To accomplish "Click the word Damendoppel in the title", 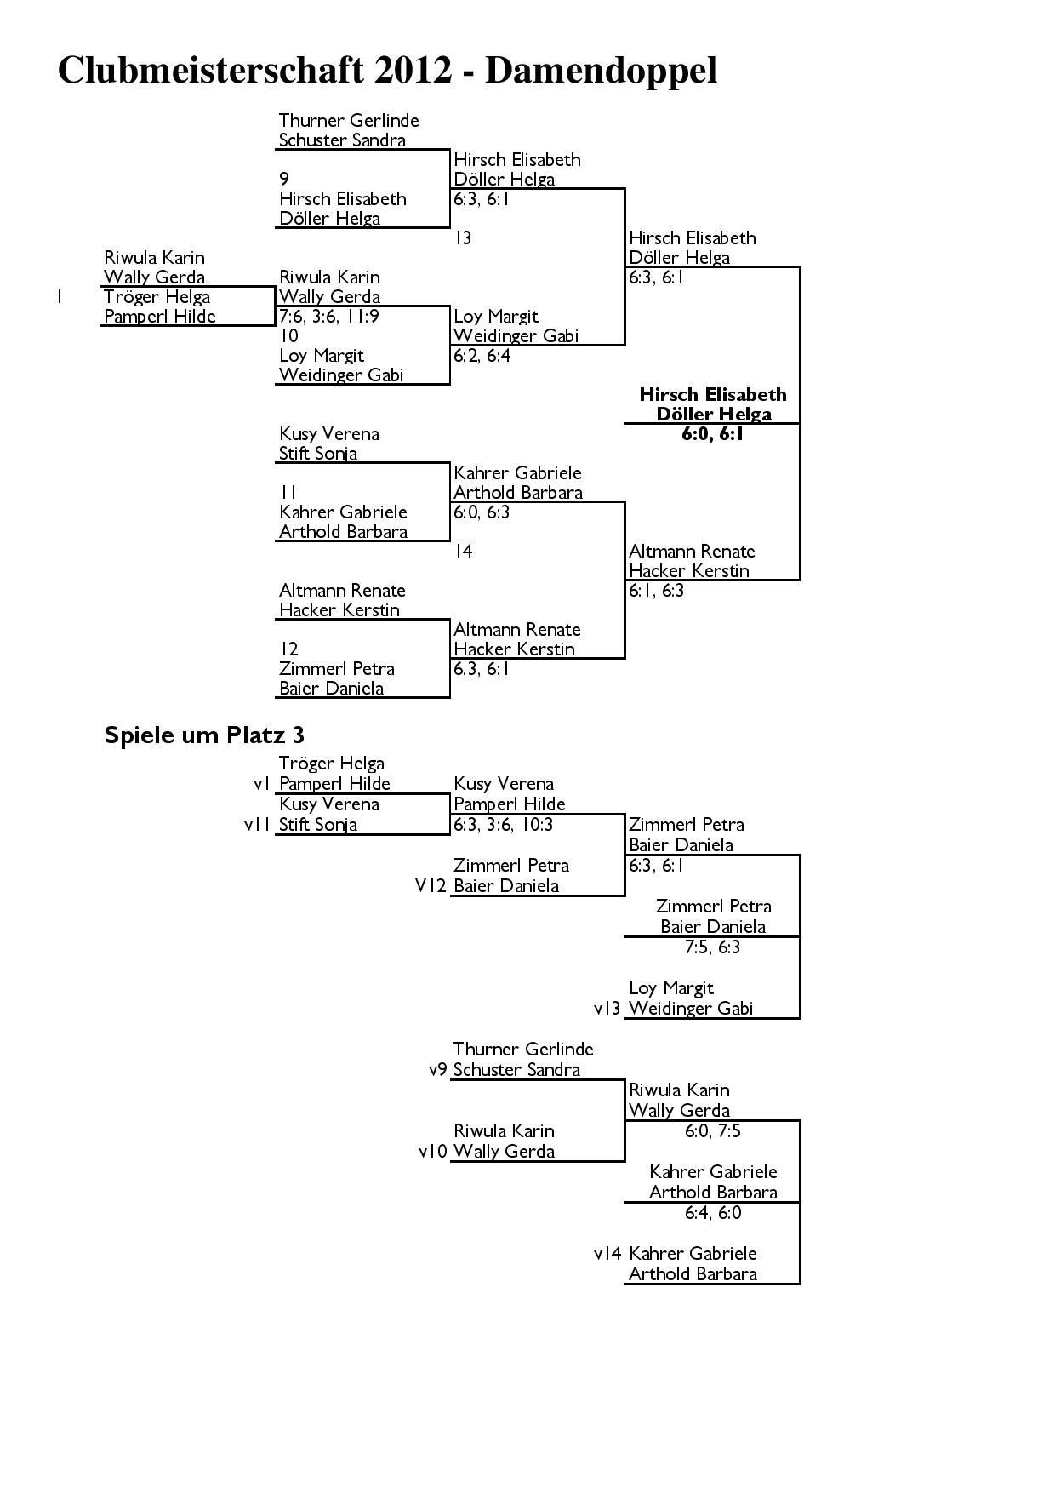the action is (x=601, y=72).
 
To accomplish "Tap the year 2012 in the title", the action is (x=412, y=70).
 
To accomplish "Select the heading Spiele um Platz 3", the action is (x=204, y=735).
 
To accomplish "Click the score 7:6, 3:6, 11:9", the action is (x=329, y=317).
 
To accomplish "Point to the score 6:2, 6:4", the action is (x=482, y=356).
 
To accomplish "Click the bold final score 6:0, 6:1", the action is (x=713, y=434).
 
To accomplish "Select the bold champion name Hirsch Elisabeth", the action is (x=713, y=394).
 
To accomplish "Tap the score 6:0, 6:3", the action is (x=482, y=512).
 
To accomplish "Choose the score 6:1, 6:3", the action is (x=657, y=591).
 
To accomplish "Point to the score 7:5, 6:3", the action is (x=713, y=947).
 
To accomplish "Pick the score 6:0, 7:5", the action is (x=713, y=1131).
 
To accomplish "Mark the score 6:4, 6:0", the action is (x=713, y=1213).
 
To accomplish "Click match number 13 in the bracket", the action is (x=464, y=238).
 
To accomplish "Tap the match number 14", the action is (x=464, y=552).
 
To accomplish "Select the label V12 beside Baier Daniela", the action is (x=431, y=886).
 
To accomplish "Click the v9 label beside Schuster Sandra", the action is (x=437, y=1070).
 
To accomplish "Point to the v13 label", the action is (x=607, y=1009).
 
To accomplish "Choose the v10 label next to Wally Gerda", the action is (x=433, y=1152).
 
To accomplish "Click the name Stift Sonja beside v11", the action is (x=318, y=825).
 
